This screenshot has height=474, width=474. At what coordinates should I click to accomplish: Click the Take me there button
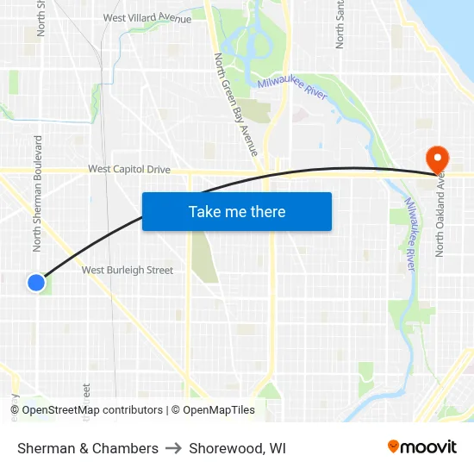(237, 211)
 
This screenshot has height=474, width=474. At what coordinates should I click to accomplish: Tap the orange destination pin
(437, 158)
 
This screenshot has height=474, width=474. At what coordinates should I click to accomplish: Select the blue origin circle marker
(35, 282)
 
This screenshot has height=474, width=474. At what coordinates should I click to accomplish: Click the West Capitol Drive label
(129, 170)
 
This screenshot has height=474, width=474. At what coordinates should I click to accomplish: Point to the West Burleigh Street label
(128, 270)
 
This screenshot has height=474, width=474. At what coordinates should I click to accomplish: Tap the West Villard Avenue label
(147, 17)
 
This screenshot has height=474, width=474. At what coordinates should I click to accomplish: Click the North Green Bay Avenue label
(234, 104)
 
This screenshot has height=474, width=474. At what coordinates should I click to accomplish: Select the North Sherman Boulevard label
(38, 193)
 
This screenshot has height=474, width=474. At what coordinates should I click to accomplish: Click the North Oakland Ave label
(440, 215)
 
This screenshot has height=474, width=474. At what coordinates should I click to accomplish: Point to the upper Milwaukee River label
(292, 89)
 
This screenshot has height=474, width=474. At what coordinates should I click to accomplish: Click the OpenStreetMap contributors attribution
(92, 410)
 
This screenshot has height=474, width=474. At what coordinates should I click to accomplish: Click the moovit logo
(421, 447)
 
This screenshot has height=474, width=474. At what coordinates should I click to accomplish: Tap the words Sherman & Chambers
(88, 448)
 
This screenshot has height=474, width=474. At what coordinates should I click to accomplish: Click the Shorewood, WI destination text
(238, 448)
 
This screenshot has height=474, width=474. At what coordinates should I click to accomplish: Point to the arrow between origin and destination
(173, 448)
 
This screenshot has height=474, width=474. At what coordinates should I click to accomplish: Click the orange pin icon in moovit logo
(393, 446)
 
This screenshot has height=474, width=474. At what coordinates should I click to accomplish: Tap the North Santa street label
(340, 24)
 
